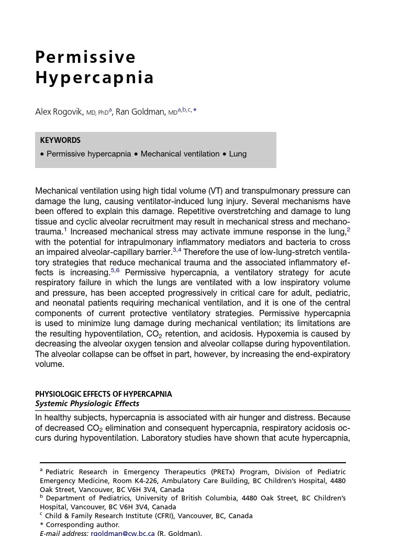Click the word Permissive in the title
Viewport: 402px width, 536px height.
85,57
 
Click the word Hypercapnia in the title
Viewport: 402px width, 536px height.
95,77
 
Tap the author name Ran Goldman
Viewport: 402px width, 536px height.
140,112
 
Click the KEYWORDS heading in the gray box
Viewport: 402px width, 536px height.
60,140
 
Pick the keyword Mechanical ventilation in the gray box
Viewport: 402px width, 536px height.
180,154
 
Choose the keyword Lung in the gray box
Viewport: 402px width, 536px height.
238,154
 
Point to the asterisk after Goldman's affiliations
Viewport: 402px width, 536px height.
195,110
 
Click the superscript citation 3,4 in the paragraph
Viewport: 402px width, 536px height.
177,250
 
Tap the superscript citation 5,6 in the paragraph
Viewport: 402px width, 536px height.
115,271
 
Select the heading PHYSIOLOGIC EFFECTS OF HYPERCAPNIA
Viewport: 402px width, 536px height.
104,394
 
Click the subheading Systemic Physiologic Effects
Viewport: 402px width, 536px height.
87,404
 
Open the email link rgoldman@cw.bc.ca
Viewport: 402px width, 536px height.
122,533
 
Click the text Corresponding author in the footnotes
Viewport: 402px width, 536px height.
83,524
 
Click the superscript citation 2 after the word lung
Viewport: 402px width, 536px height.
349,230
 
